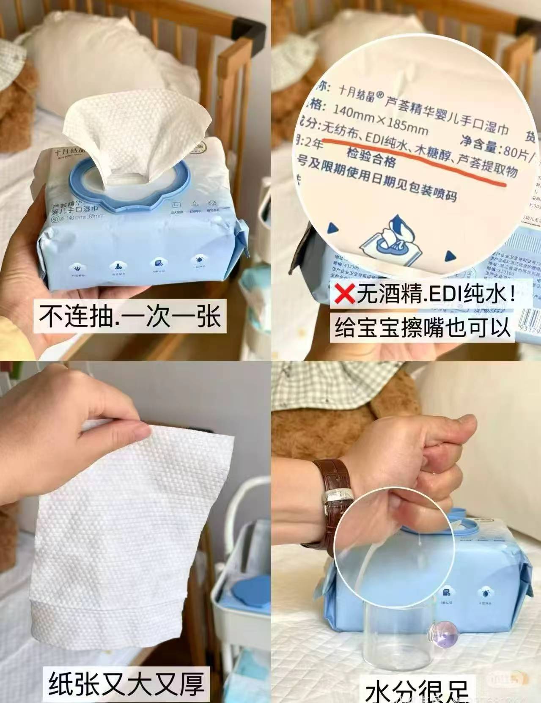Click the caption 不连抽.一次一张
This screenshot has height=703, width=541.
pyautogui.click(x=130, y=316)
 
